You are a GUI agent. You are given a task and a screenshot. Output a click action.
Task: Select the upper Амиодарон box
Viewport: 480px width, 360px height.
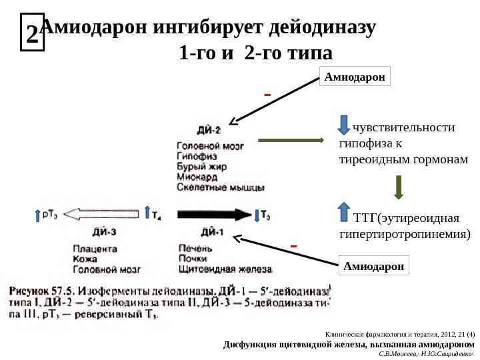pos(355,77)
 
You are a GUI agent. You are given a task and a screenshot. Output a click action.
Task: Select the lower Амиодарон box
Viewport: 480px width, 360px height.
pos(374,266)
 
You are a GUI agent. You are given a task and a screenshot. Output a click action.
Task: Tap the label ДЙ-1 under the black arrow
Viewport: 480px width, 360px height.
pos(211,232)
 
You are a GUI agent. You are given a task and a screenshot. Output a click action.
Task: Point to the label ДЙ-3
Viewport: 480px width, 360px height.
pos(104,232)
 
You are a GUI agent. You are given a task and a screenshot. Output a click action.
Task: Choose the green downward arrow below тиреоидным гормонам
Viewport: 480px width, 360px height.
pos(399,187)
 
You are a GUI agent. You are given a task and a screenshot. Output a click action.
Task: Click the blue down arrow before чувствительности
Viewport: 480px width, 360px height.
pos(345,125)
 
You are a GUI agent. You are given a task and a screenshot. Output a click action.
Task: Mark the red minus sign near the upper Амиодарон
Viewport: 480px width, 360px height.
pos(267,95)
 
